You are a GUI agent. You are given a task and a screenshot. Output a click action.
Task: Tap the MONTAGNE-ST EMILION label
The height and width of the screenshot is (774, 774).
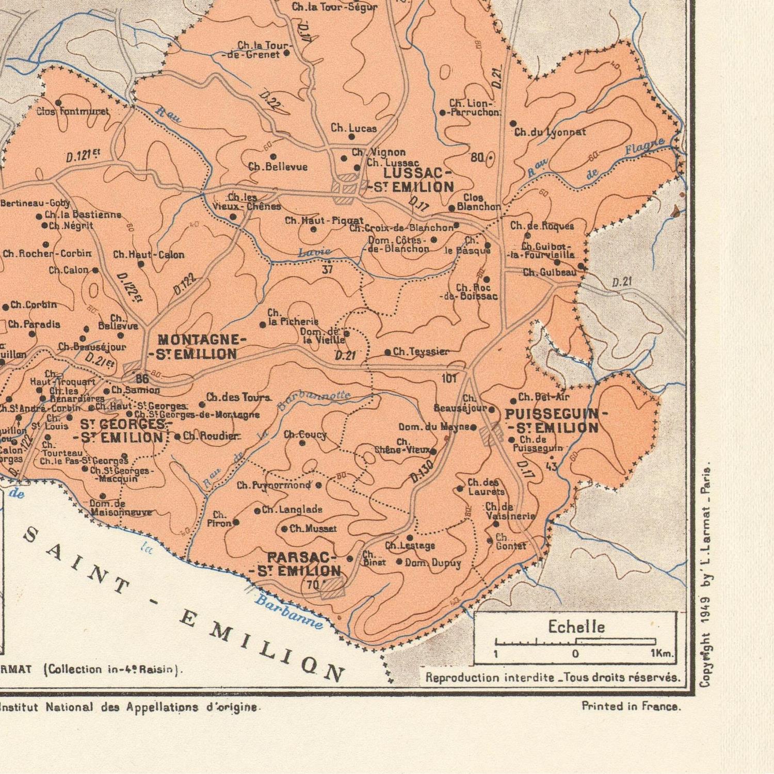click(197, 347)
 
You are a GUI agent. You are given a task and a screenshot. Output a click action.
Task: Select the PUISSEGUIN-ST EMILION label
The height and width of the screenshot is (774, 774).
click(552, 421)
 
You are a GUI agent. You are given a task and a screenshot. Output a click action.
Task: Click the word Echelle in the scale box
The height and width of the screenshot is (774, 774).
click(576, 627)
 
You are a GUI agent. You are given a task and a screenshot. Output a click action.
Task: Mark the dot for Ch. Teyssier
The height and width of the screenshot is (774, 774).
click(388, 352)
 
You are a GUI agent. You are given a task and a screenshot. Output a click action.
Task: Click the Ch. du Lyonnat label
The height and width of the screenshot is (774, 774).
click(550, 132)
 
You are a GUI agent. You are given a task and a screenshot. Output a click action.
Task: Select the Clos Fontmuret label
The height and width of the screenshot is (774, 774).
click(73, 111)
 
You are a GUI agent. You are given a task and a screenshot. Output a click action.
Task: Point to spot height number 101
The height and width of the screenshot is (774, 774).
click(449, 379)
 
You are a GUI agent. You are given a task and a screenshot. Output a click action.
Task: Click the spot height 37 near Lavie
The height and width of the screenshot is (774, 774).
click(327, 269)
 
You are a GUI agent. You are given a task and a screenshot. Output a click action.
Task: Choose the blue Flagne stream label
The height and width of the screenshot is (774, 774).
click(644, 148)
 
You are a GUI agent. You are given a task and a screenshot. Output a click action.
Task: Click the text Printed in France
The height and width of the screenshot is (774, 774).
click(631, 706)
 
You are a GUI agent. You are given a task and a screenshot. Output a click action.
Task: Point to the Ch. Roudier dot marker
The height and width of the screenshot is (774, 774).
click(178, 437)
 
